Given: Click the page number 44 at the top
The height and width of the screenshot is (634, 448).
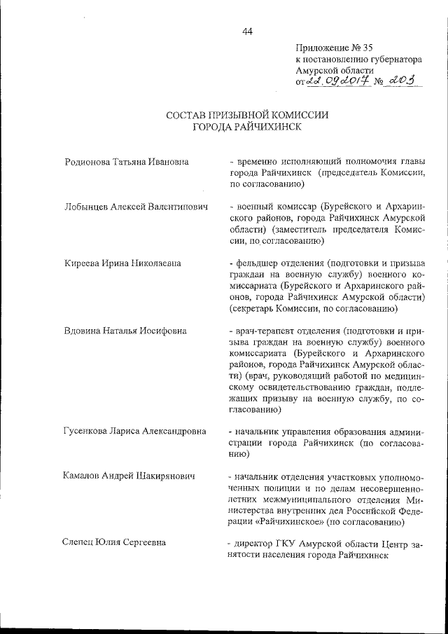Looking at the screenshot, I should click(x=247, y=30).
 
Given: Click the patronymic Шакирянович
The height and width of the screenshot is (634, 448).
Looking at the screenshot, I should click(x=164, y=476).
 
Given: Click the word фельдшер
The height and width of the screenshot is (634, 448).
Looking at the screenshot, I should click(x=258, y=263).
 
